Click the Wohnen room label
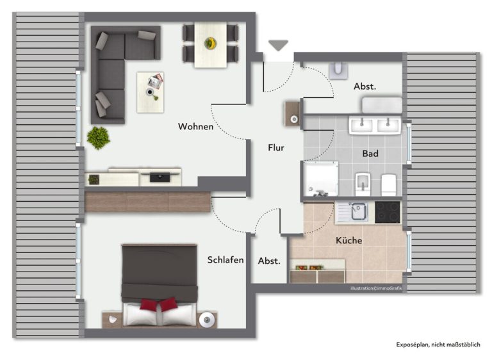pos(195,126)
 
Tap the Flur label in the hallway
pos(276,147)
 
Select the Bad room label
pos(370,154)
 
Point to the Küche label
pos(348,240)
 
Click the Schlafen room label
pos(225,260)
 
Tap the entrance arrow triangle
pos(278,45)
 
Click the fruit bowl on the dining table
pos(210,43)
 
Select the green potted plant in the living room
pos(98,138)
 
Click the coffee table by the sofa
pos(151,92)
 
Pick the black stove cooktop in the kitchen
pos(388,212)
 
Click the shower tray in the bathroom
pos(320,179)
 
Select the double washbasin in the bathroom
pos(375,126)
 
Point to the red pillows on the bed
pos(159,304)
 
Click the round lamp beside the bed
pos(207,320)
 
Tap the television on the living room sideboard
pos(160,177)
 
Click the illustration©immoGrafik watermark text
pos(376,288)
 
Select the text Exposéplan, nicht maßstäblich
pos(438,345)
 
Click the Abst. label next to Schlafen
pos(269,261)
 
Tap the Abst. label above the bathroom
pos(365,86)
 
